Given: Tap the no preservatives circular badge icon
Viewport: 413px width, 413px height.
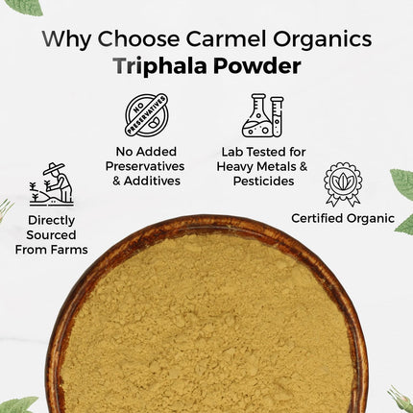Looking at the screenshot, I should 146,116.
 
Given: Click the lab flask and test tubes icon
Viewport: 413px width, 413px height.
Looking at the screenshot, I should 262,114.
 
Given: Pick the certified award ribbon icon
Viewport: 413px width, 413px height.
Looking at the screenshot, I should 343,182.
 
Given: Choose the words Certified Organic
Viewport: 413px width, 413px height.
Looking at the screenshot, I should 343,218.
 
